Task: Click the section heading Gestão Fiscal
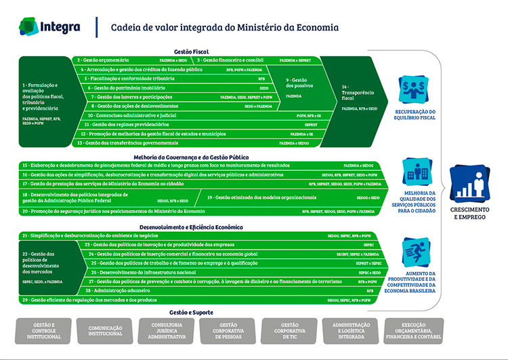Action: [x=191, y=52]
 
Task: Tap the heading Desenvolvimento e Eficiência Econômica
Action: [x=191, y=227]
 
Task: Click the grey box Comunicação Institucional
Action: [x=106, y=331]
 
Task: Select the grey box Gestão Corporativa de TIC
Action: [x=289, y=331]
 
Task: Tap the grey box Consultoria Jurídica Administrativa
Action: [x=167, y=331]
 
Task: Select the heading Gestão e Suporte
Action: [x=191, y=313]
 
